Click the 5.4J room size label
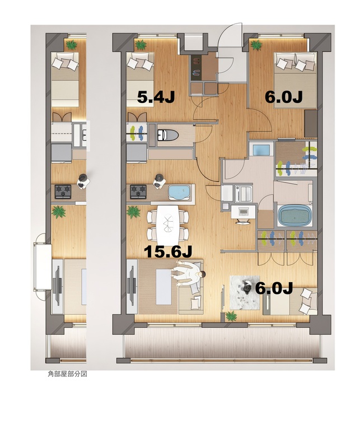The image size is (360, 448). point(156,96)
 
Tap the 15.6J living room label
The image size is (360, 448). point(165,251)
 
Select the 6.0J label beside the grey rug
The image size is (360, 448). point(274,288)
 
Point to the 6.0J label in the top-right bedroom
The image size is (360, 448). point(283,96)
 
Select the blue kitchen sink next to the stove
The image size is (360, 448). point(180,193)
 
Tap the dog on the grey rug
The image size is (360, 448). point(246,288)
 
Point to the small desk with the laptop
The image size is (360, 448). point(242,212)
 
